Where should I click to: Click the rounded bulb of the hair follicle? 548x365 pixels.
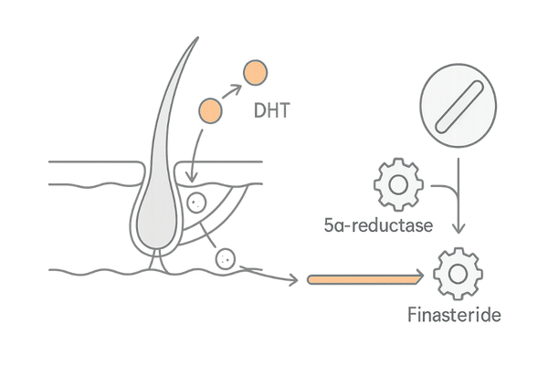coord(155,219)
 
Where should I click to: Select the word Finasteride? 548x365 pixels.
coord(454,317)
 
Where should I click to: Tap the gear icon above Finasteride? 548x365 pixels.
coord(454,272)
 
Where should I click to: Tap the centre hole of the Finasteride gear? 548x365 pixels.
coord(454,272)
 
